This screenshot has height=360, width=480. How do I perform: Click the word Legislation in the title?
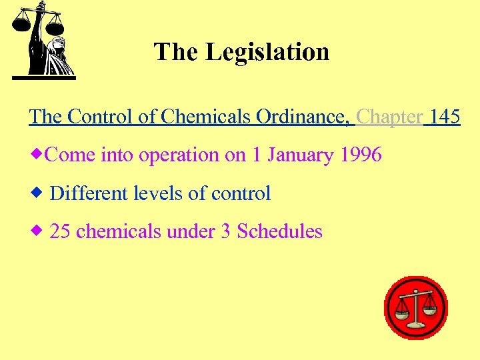(267, 52)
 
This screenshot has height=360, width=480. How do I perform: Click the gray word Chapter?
(389, 117)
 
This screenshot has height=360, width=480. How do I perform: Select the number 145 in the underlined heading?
(445, 117)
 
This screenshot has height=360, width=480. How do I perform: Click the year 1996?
(361, 155)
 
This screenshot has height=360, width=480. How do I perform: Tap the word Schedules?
(280, 231)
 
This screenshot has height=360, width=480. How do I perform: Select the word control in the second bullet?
(241, 193)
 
